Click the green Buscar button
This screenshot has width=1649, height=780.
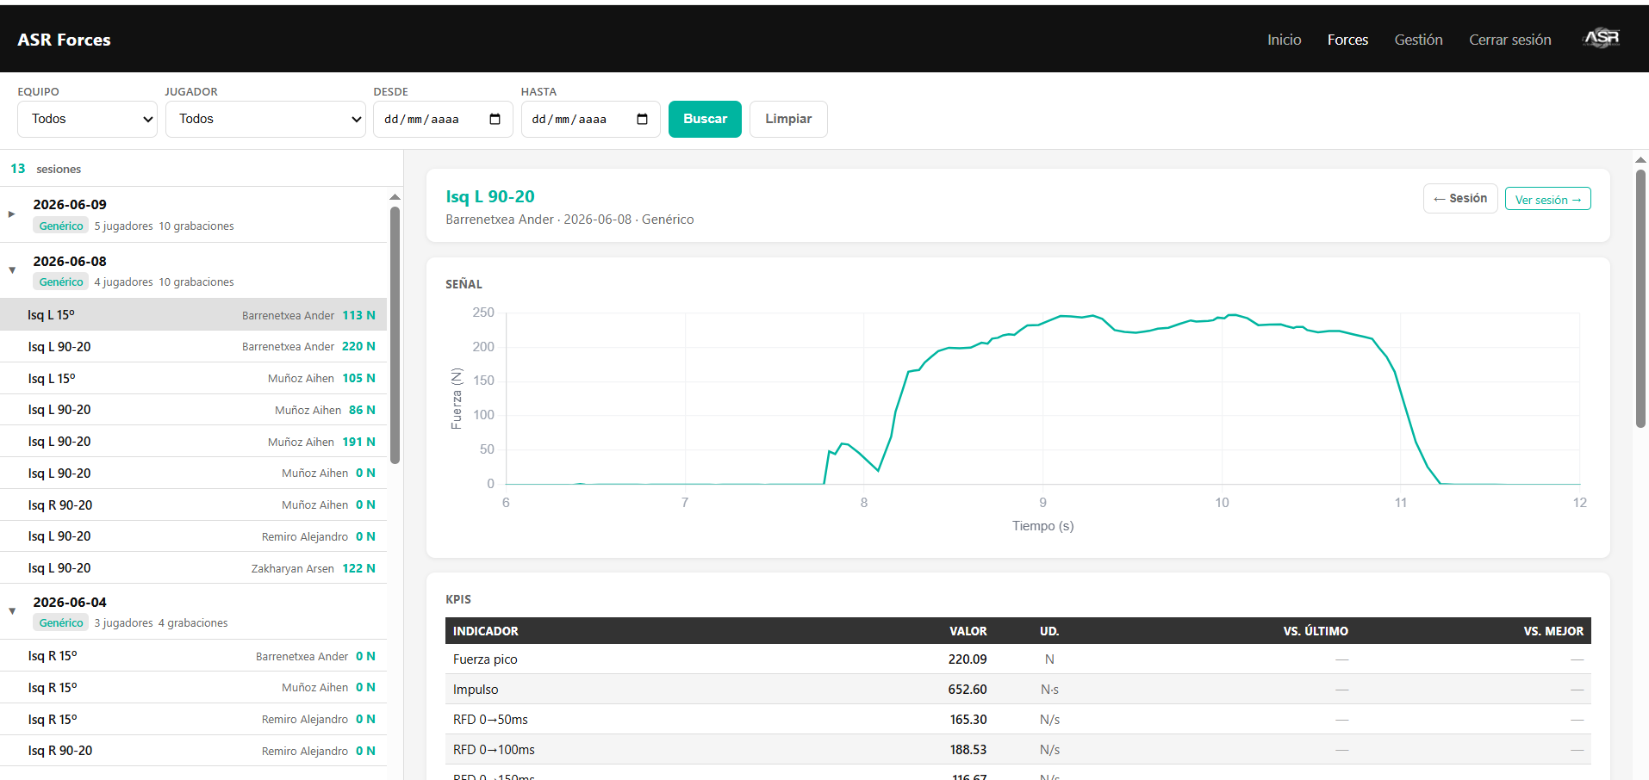pyautogui.click(x=705, y=119)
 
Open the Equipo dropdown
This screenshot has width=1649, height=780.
pyautogui.click(x=87, y=119)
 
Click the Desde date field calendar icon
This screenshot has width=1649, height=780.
pyautogui.click(x=495, y=119)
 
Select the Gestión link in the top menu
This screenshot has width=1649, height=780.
pyautogui.click(x=1418, y=40)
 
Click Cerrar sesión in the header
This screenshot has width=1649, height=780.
pyautogui.click(x=1509, y=40)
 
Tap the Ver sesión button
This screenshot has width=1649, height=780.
pyautogui.click(x=1547, y=199)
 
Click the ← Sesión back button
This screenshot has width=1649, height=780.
pyautogui.click(x=1460, y=198)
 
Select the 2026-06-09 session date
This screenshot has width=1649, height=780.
pyautogui.click(x=70, y=205)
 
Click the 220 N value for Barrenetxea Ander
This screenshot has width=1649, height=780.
pyautogui.click(x=358, y=347)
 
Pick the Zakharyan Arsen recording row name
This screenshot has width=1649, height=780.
pyautogui.click(x=292, y=569)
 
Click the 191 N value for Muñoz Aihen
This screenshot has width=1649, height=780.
pyautogui.click(x=358, y=443)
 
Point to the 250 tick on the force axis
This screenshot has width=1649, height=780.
pyautogui.click(x=483, y=313)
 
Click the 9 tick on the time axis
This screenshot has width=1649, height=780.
pyautogui.click(x=1042, y=503)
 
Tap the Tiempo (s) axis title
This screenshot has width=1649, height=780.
pyautogui.click(x=1042, y=526)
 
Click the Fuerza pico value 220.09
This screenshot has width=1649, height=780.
pyautogui.click(x=968, y=659)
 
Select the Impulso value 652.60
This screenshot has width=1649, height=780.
pyautogui.click(x=968, y=690)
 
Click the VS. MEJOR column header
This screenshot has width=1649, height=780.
pyautogui.click(x=1553, y=631)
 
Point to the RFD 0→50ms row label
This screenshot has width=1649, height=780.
pyautogui.click(x=490, y=720)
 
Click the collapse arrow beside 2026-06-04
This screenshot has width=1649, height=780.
pyautogui.click(x=12, y=611)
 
